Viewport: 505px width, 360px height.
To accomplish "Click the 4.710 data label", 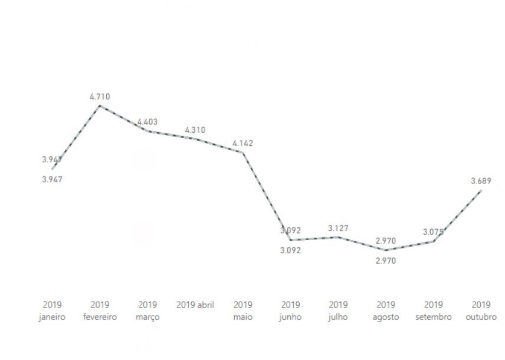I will point(100,96).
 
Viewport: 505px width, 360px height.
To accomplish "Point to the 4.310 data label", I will point(195,130).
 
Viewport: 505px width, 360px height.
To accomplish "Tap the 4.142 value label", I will point(243,143).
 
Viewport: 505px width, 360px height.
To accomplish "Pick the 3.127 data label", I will point(339,228).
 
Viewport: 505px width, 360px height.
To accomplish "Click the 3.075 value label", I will point(433,232).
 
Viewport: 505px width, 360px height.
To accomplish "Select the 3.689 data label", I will point(481,181).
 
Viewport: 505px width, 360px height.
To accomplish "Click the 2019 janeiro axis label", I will point(53,311).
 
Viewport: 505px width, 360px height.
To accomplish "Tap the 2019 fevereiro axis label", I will point(100,311).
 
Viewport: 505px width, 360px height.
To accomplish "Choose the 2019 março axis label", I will point(147,311).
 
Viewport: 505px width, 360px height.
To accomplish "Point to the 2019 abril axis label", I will point(195,305).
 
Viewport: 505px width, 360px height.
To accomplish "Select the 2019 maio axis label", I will point(243,311).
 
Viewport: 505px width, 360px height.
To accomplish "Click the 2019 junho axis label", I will point(290,311).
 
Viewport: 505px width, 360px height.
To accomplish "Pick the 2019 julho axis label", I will point(338,311).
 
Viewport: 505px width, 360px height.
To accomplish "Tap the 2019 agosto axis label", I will point(386,311).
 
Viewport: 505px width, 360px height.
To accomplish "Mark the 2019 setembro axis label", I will point(433,311).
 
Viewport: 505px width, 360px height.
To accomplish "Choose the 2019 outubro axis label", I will point(481,311).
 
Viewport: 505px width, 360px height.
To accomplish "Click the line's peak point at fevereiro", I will point(100,106).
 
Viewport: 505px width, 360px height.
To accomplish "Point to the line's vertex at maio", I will point(243,152).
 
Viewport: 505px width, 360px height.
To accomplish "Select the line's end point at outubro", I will point(481,191).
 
